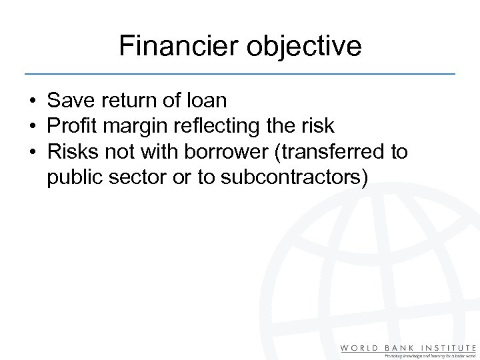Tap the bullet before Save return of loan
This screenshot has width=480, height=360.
32,101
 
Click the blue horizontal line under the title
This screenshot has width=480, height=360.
240,73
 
